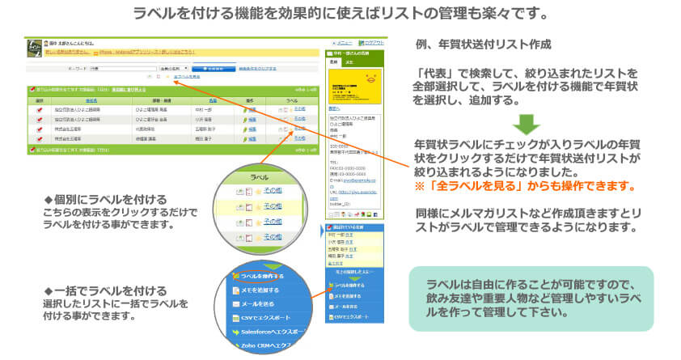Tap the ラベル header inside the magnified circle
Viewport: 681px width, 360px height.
click(260, 176)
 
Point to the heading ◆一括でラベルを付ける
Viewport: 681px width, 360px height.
click(105, 290)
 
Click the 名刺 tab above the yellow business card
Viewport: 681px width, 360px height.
click(334, 61)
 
